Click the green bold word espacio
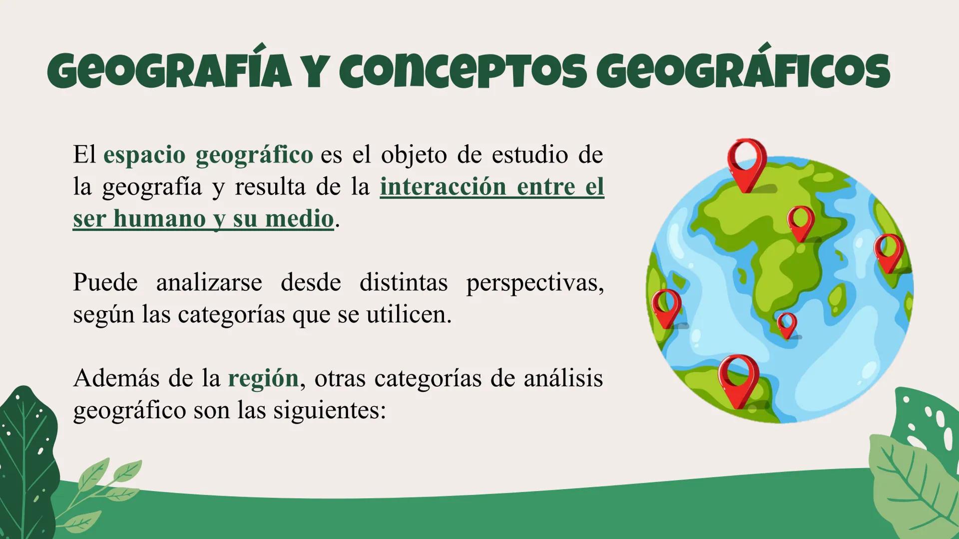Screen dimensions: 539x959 click(144, 155)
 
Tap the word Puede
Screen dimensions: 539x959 click(105, 282)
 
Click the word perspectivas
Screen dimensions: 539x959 click(534, 282)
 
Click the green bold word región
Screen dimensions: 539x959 click(263, 378)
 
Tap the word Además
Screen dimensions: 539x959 click(116, 378)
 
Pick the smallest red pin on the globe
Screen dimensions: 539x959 click(787, 323)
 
